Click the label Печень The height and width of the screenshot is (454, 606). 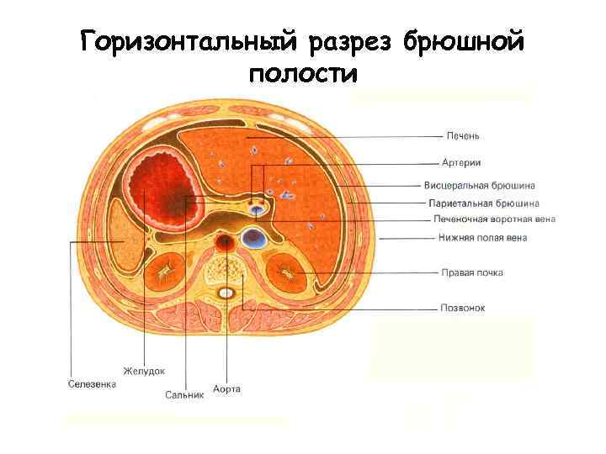[463, 135]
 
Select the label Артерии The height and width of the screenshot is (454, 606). [462, 162]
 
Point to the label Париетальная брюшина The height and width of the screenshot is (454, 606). [483, 203]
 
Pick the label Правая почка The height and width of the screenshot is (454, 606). [472, 272]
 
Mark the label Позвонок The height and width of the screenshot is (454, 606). [463, 308]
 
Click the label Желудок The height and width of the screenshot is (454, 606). [144, 369]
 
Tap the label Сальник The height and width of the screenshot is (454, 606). [184, 393]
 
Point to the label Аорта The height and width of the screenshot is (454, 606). [227, 388]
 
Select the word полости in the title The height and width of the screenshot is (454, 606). [303, 73]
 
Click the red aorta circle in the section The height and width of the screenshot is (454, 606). [225, 244]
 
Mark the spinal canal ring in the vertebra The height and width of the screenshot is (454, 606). [226, 293]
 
